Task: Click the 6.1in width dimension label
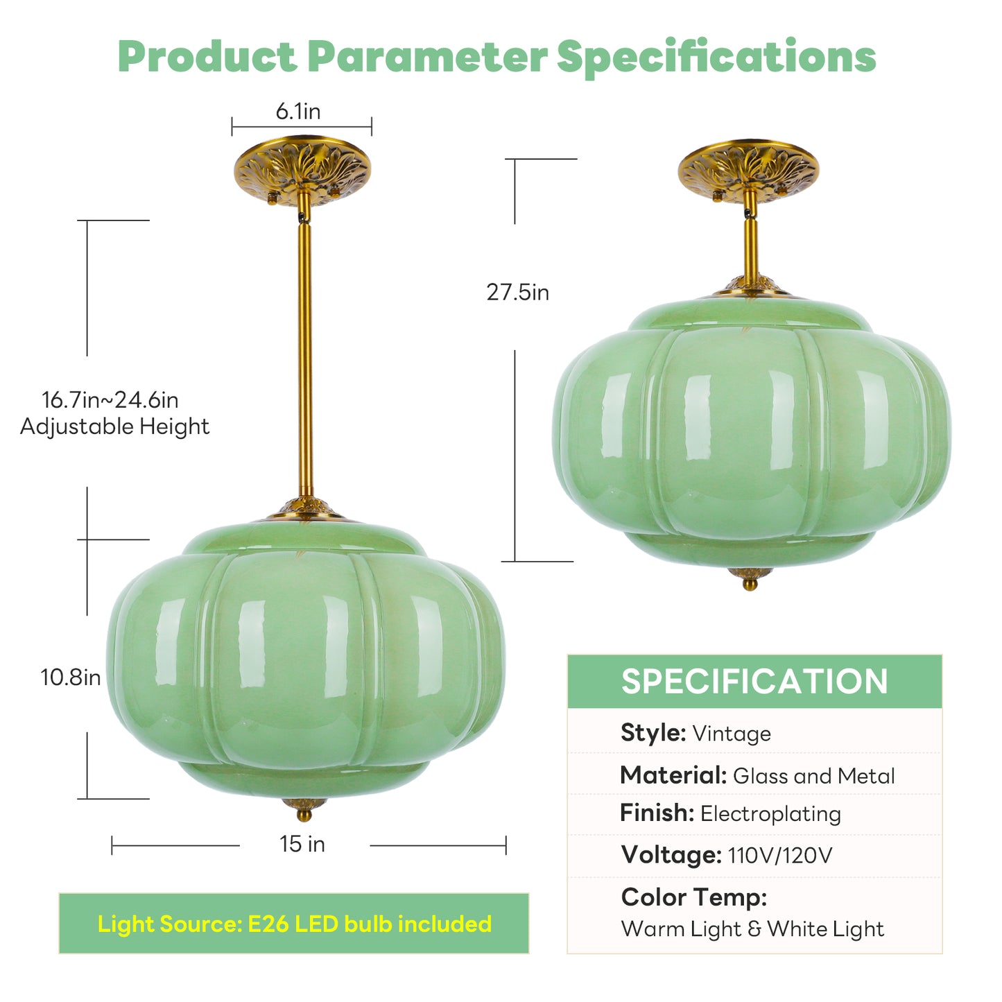click(298, 111)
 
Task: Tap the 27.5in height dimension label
click(517, 292)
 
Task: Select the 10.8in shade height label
click(70, 677)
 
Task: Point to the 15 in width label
click(302, 844)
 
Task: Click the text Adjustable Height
click(114, 426)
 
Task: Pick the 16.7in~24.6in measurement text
click(110, 400)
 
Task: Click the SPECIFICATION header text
click(754, 681)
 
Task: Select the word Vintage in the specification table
click(732, 734)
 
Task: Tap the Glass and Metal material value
click(813, 776)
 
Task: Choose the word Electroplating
click(770, 813)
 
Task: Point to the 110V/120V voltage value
click(780, 856)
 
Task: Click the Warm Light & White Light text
click(752, 929)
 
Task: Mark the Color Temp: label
click(694, 897)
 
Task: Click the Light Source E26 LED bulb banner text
click(294, 924)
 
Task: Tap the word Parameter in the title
click(427, 56)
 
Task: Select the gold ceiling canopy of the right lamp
click(748, 169)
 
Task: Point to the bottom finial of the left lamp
click(304, 809)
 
